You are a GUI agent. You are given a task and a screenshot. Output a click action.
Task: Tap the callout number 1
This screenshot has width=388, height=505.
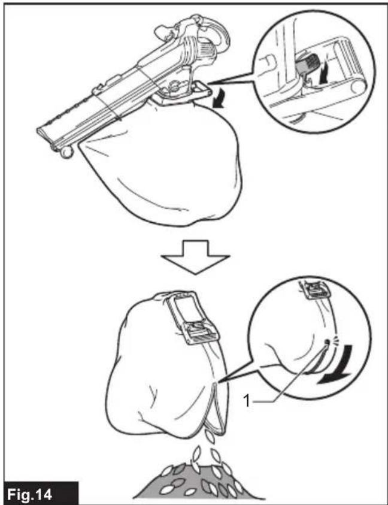[x=247, y=401]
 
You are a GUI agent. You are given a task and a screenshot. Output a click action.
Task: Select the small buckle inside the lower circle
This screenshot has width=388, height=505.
[x=313, y=291]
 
